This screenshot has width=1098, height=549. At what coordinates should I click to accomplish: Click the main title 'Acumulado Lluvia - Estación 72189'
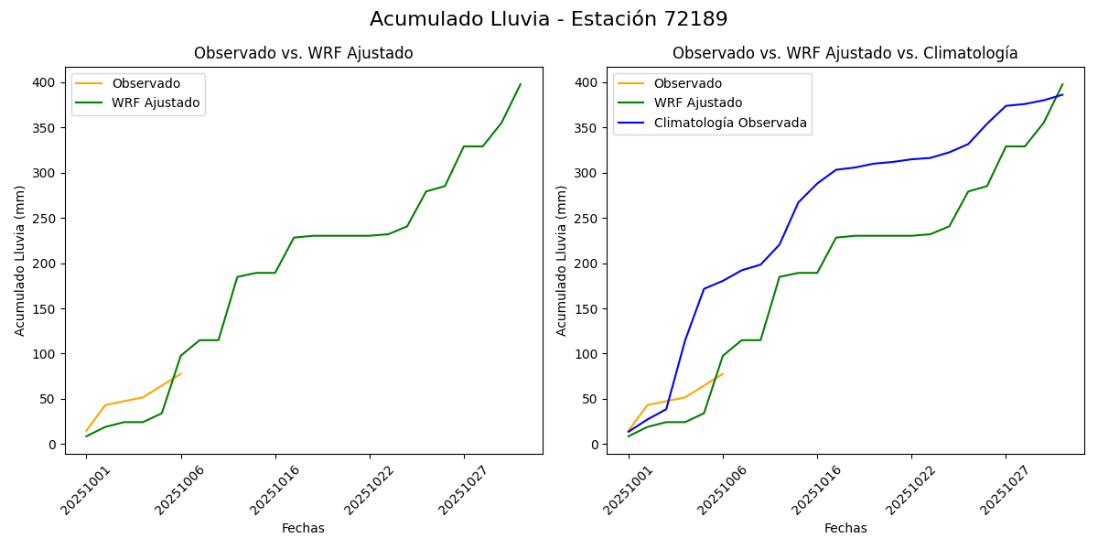pos(549,19)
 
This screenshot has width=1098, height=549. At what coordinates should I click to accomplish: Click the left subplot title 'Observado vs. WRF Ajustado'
pos(303,53)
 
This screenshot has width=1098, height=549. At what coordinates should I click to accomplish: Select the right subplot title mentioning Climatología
pos(845,53)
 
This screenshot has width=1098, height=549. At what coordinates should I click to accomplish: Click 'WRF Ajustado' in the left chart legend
pos(156,102)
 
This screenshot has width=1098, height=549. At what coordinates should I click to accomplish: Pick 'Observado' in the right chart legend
pos(687,83)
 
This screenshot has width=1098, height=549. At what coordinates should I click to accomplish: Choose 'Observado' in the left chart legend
pos(145,83)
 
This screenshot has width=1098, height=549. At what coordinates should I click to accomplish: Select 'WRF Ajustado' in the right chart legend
pos(697,102)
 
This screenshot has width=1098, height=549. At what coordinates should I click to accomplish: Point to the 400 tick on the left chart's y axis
pos(45,82)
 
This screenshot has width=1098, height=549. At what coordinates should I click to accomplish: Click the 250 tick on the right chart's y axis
pos(587,219)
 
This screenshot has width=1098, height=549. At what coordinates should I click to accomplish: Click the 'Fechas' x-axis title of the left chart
pos(303,528)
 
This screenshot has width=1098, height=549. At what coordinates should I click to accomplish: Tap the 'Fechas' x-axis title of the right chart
pos(845,528)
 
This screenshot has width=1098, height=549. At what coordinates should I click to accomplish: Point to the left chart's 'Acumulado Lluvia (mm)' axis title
pos(20,260)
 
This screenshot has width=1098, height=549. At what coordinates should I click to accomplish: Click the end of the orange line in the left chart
pos(181,373)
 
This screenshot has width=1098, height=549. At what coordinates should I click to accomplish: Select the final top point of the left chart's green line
pos(521,84)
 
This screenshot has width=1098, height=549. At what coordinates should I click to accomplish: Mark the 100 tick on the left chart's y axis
pos(45,354)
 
